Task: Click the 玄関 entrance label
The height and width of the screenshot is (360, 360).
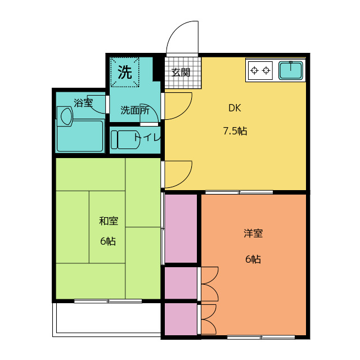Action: coord(181,73)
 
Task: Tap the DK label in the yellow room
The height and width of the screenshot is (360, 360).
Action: coord(235,108)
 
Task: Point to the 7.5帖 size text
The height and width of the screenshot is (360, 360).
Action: coord(235,131)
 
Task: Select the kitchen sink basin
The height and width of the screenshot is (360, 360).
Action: coord(291,70)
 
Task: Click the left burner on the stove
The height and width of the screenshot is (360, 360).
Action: coord(254,70)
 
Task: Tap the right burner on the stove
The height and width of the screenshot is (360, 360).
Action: coord(266,70)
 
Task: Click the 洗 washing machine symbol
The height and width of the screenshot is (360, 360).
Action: coord(125,72)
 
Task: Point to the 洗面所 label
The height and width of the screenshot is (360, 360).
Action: coord(135,110)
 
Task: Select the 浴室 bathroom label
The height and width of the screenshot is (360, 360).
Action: coord(83,103)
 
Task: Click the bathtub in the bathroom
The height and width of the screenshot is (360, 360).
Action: coord(80,136)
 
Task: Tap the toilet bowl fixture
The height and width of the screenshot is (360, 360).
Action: coord(125,140)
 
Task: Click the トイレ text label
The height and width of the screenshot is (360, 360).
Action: coord(147,137)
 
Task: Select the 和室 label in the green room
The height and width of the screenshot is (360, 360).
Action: coord(109,221)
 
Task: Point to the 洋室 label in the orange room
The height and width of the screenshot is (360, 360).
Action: coord(253,233)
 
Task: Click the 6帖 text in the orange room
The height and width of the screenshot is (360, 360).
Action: coord(253,259)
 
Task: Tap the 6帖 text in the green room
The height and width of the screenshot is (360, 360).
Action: coord(108,241)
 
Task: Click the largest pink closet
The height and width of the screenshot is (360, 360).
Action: coord(181,229)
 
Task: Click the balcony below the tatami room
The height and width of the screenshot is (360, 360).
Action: coord(106,319)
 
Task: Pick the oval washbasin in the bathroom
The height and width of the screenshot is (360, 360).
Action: coord(66,116)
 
